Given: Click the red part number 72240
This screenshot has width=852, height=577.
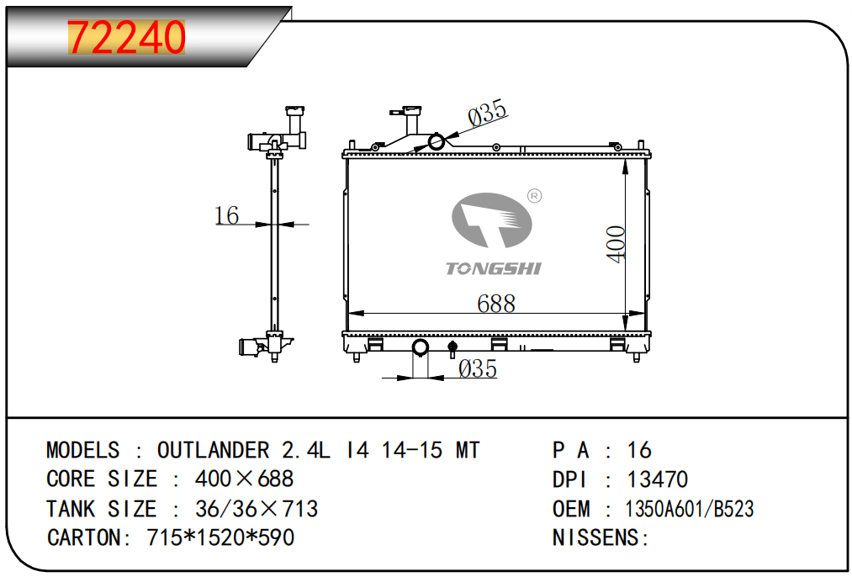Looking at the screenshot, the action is tap(126, 38).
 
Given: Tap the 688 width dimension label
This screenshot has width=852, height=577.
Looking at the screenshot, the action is tap(496, 304).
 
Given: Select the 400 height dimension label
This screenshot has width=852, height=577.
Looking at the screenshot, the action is tap(617, 245).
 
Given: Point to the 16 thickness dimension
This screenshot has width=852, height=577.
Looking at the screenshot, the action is tap(226, 215).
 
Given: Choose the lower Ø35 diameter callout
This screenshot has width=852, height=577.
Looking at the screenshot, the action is tap(478, 369).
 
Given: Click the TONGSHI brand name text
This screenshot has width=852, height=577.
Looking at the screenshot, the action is tap(494, 268).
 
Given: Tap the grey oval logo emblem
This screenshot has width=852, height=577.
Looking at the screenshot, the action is tap(492, 220).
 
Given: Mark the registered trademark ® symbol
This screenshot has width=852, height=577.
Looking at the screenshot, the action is tap(535, 196).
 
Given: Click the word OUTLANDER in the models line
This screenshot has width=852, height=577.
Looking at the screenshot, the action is tap(213, 450).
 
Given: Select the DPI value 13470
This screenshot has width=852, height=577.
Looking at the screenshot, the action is tap(658, 479).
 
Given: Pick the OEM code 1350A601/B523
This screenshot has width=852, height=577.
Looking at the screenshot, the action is tap(690, 509).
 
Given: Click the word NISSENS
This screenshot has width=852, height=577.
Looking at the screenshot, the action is tap(596, 537).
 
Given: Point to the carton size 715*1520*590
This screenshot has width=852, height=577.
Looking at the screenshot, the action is tap(220, 537).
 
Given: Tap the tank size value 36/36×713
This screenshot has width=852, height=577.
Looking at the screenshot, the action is tap(257, 509).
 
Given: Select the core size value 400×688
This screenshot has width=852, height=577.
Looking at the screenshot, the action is tap(244, 479).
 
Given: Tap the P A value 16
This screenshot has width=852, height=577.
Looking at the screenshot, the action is tap(639, 450).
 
